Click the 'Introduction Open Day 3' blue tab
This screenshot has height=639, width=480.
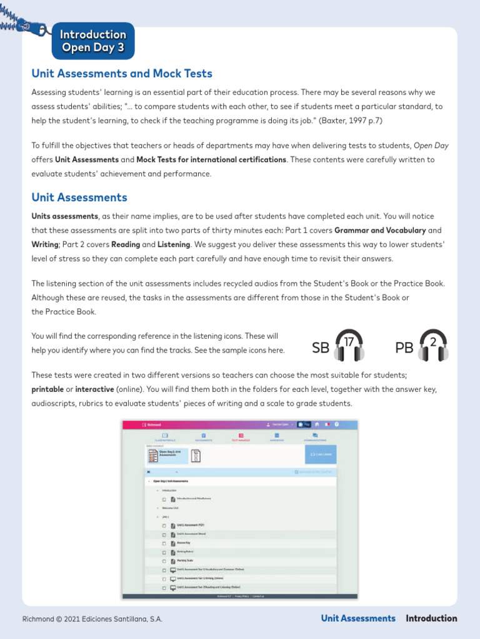93,41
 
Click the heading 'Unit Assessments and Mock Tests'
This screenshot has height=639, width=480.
122,74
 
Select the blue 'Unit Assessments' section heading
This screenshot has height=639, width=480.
79,198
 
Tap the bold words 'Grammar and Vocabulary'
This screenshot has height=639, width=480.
380,230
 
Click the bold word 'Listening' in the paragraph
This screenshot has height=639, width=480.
174,245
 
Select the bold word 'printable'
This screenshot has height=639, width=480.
47,389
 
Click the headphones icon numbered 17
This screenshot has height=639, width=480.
348,346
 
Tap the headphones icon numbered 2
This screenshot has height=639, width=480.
433,346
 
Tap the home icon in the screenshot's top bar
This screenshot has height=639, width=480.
317,424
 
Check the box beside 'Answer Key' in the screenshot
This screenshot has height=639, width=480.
164,544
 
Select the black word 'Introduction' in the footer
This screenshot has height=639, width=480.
431,618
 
